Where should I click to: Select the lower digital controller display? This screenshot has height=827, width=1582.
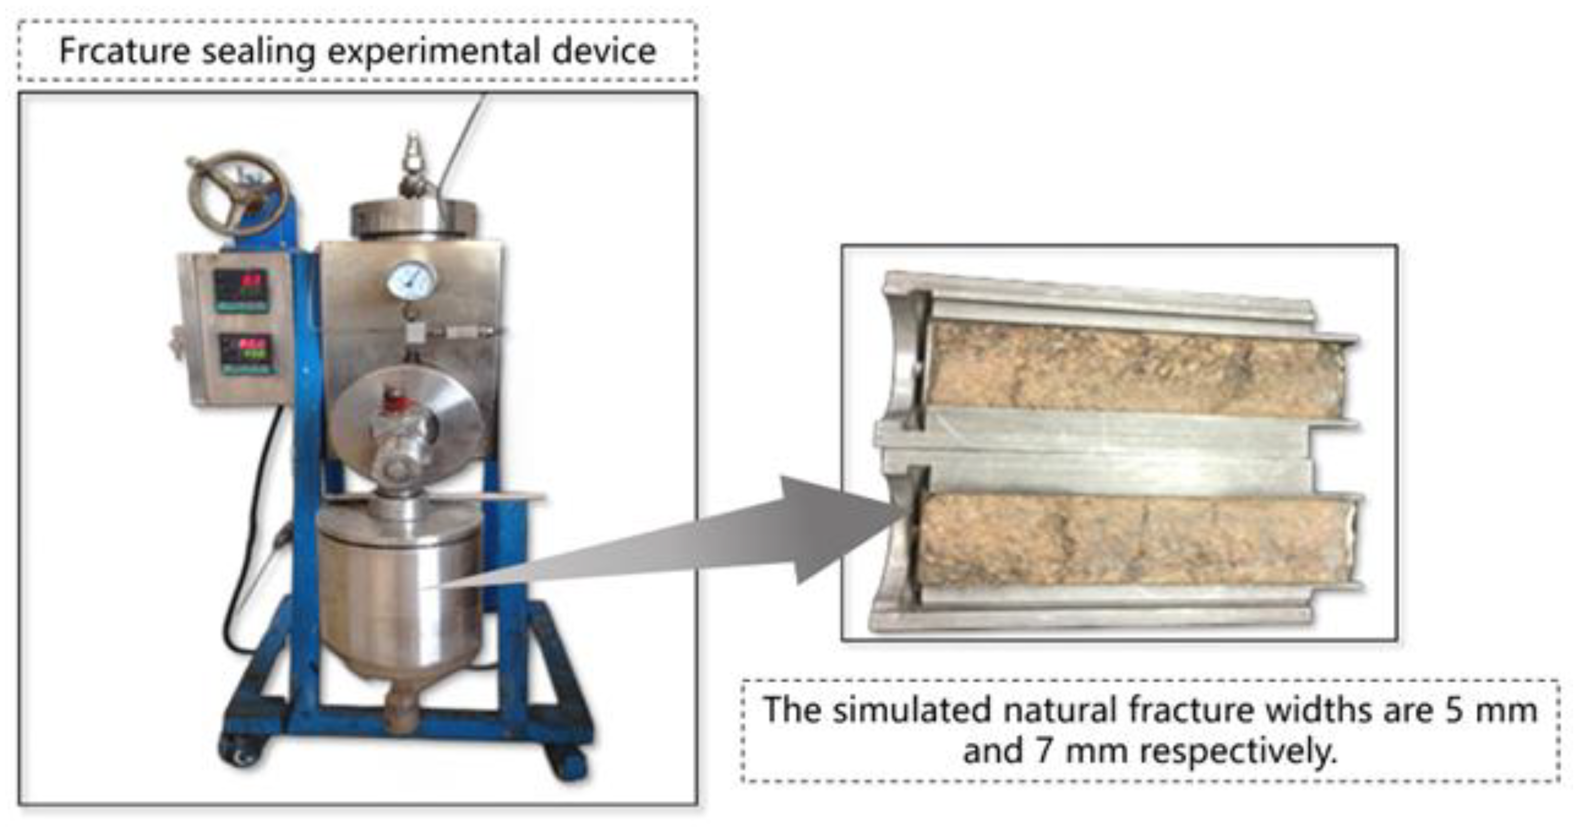(246, 354)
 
